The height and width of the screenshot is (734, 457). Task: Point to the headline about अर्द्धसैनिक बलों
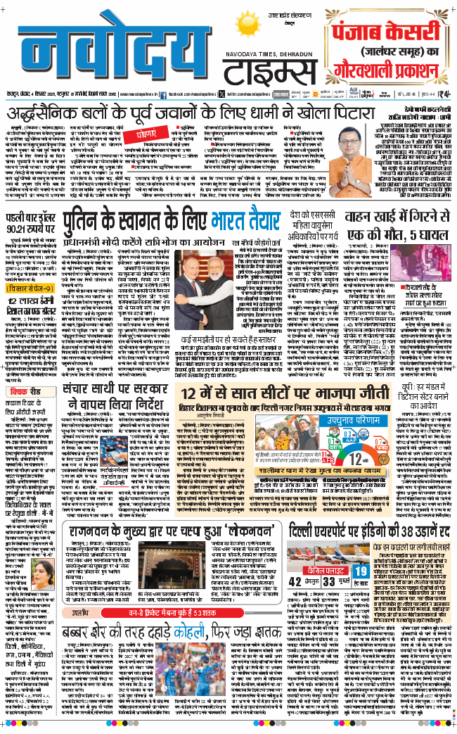189,113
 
